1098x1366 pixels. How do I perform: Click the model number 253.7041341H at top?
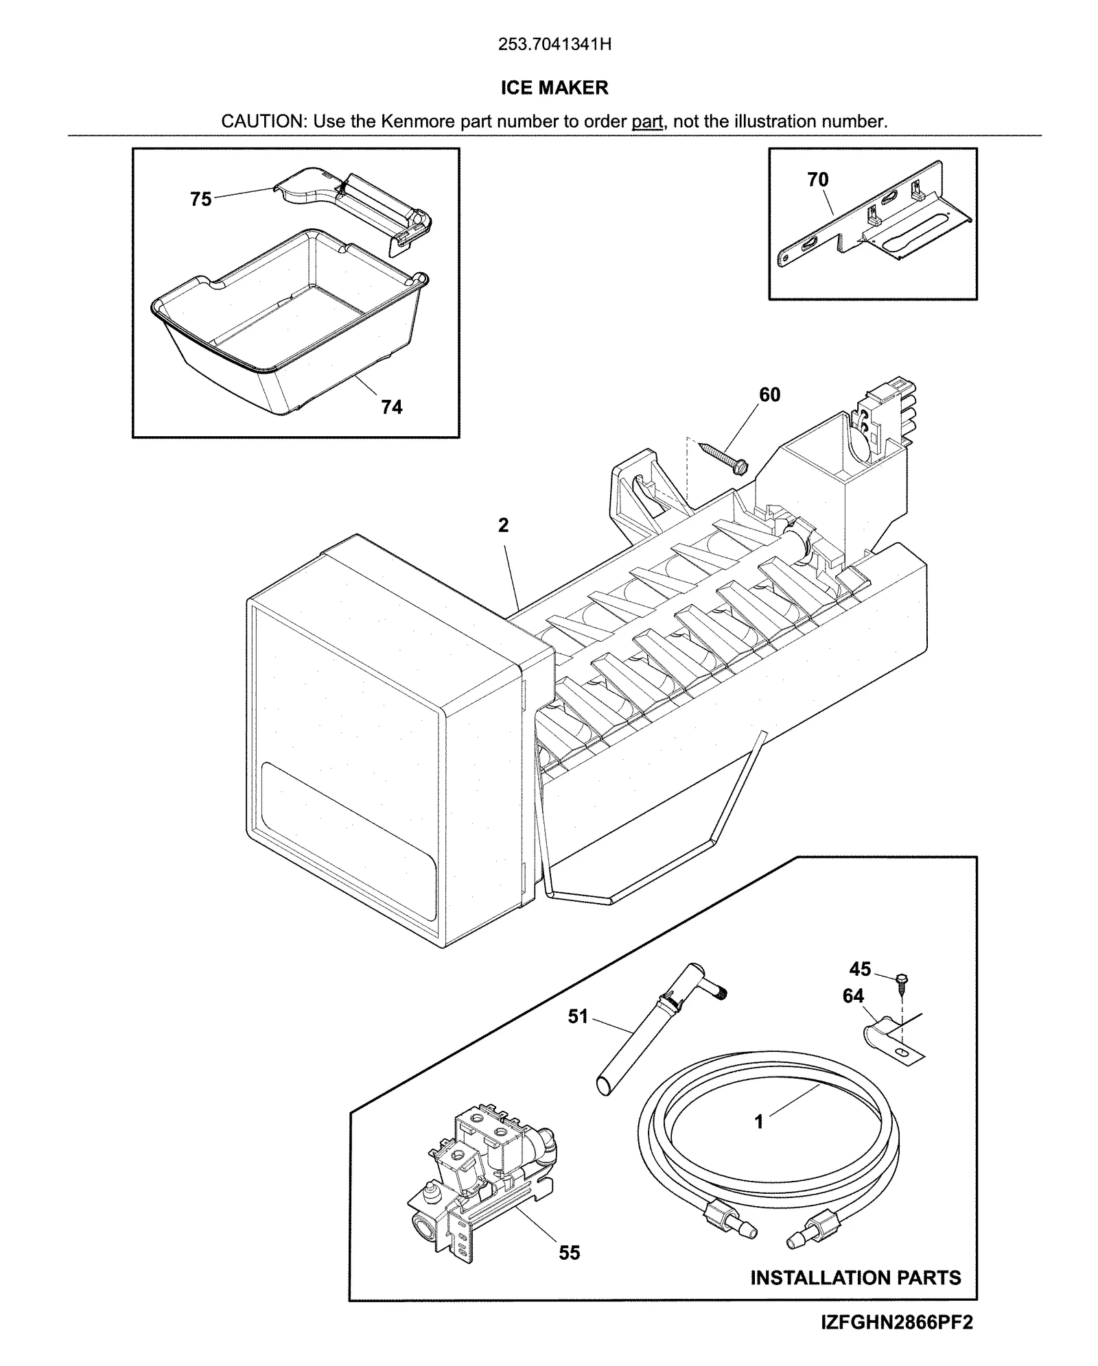tap(554, 45)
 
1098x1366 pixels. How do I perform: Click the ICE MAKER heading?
tap(554, 88)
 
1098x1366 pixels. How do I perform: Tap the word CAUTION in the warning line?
tap(264, 122)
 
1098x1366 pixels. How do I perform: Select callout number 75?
tap(200, 200)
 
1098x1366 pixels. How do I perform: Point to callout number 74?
tap(391, 407)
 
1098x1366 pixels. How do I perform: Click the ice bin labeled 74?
tap(288, 322)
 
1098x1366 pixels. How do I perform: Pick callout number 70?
tap(817, 180)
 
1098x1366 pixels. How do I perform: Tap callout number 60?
tap(769, 395)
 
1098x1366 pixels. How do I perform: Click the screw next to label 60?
tap(724, 458)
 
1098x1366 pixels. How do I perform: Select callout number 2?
tap(503, 525)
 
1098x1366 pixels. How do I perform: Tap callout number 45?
tap(860, 969)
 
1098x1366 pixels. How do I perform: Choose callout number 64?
tap(853, 996)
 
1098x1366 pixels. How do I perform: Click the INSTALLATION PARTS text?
tap(855, 1278)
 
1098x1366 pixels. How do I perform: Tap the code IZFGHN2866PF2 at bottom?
tap(896, 1323)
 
